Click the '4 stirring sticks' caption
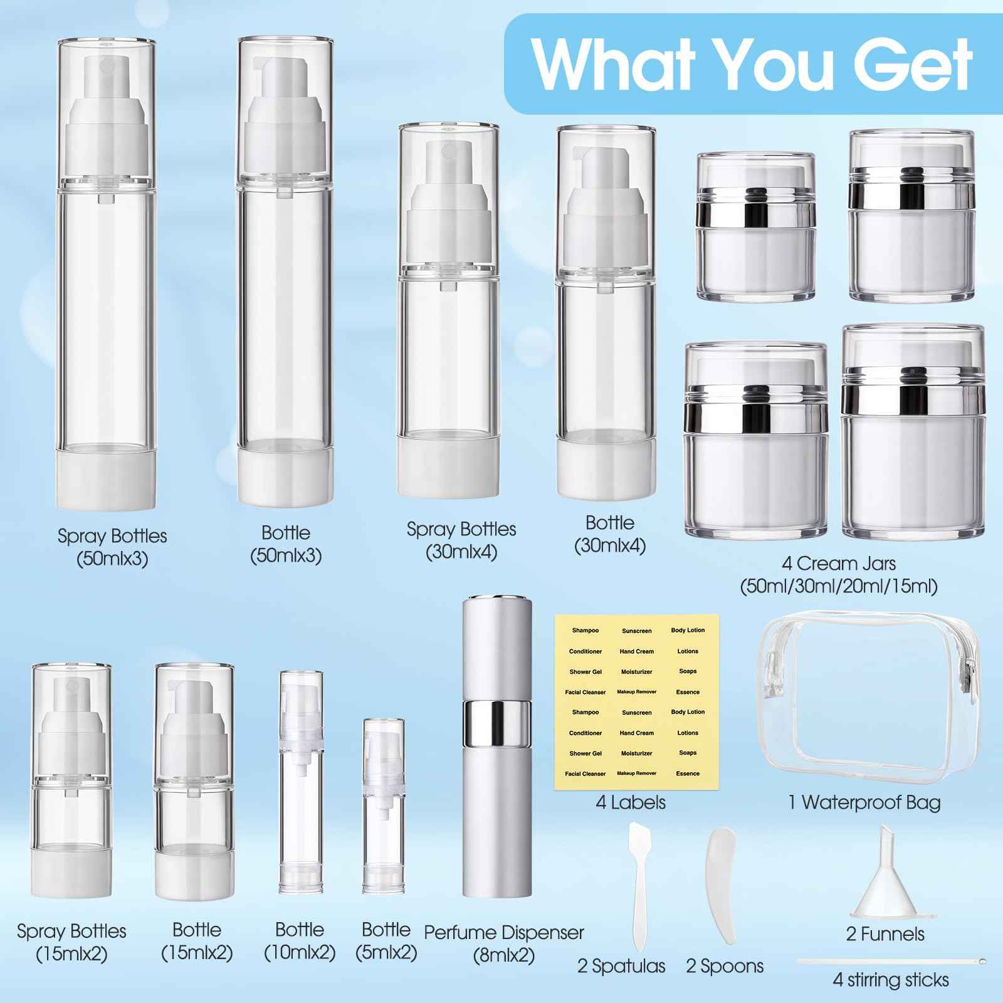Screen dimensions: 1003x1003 891,979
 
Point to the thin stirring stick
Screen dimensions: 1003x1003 891,960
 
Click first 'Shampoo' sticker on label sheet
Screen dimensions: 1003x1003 585,631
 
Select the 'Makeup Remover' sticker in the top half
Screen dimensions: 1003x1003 636,692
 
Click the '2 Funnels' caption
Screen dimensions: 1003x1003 885,934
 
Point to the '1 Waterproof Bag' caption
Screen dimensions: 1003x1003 864,802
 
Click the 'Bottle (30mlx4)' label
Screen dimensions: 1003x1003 609,533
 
